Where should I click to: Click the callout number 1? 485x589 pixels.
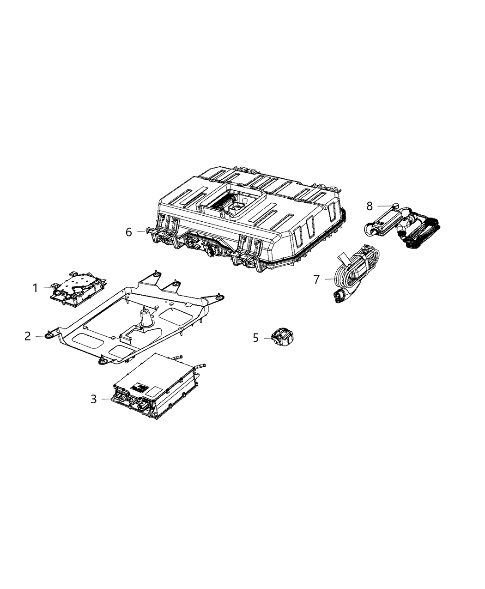point(35,288)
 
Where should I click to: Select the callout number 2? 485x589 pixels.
point(28,336)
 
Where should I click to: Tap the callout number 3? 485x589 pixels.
point(94,399)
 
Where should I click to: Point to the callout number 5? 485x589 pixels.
point(256,338)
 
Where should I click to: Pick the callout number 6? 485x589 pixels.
point(129,232)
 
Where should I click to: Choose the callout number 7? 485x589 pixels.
point(316,279)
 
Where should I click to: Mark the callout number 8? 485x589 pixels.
point(370,205)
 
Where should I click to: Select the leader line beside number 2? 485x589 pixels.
point(39,337)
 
